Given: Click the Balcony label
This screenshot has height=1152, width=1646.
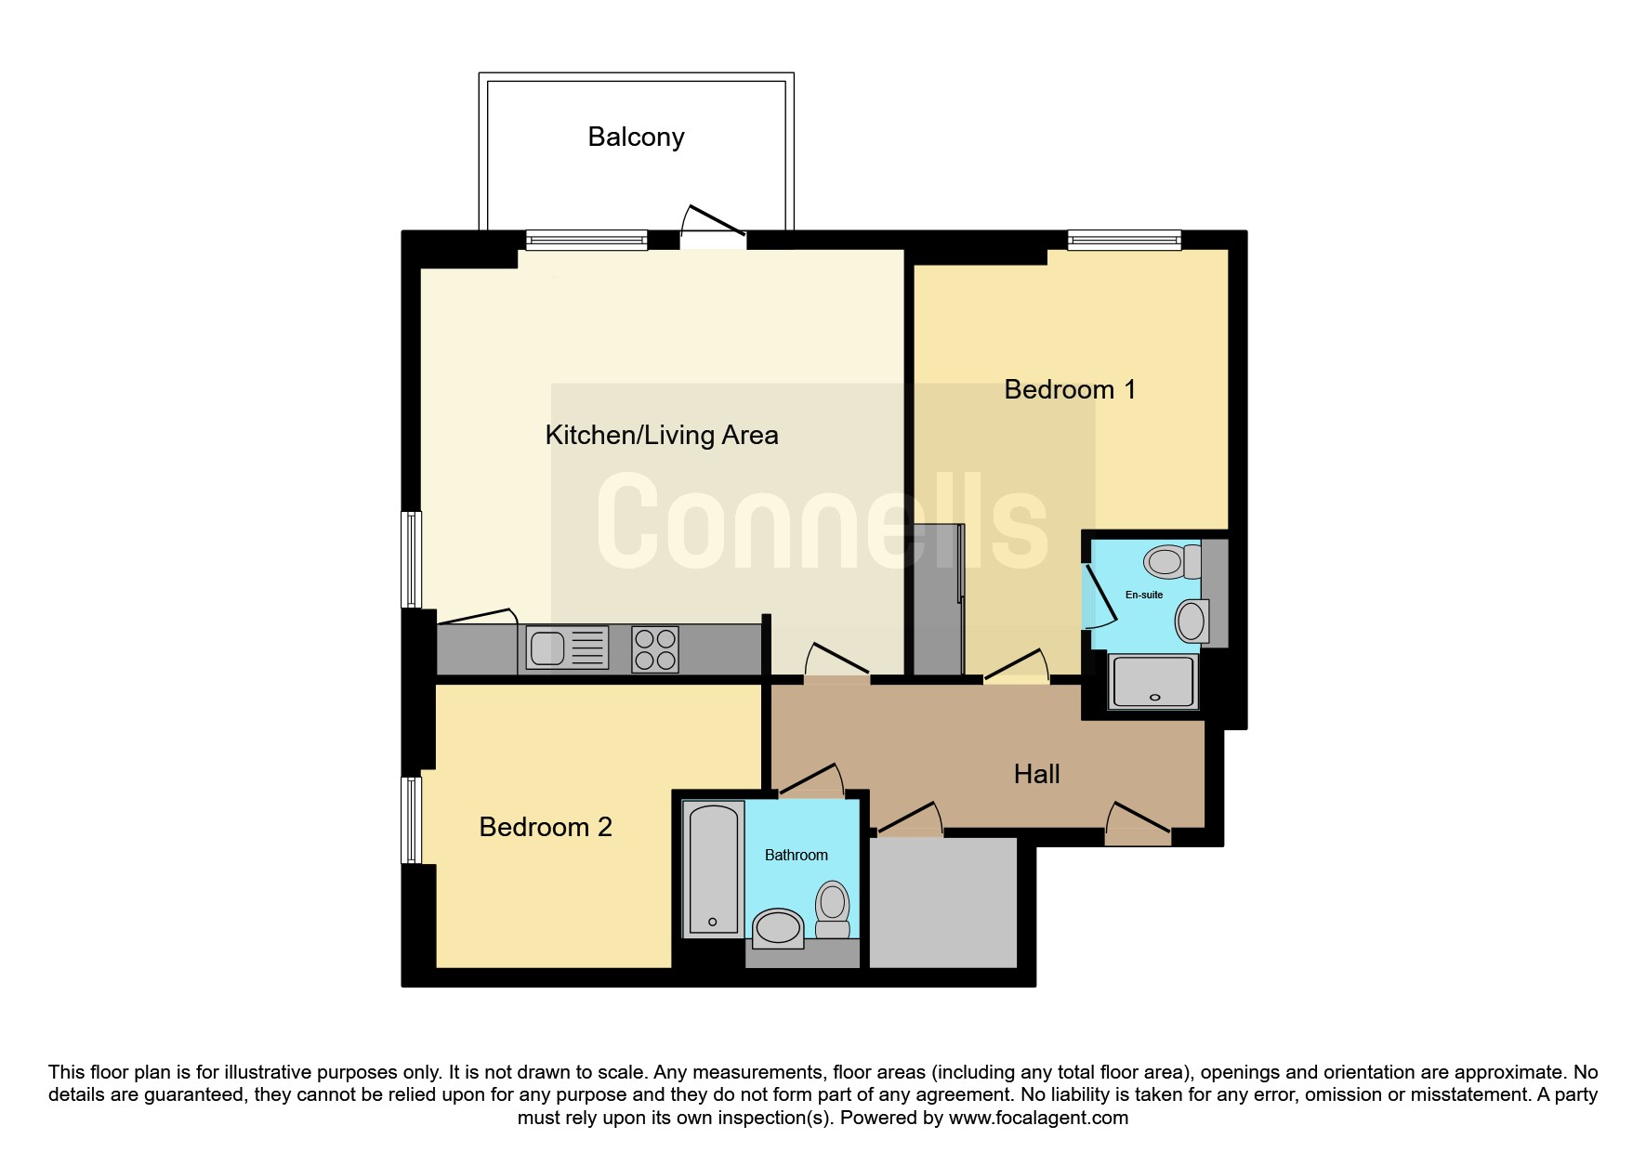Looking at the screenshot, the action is click(x=636, y=137).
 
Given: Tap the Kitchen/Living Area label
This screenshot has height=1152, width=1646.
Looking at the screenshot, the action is click(x=661, y=435).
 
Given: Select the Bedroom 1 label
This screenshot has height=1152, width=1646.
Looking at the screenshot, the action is click(x=1070, y=389).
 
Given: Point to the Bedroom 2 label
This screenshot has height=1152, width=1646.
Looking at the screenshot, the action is click(x=546, y=827).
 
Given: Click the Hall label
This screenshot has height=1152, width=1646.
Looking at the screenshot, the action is click(x=1036, y=774).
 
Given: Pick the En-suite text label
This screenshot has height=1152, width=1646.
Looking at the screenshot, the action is click(x=1144, y=595).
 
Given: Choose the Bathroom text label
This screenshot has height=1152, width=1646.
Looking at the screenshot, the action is click(x=796, y=855).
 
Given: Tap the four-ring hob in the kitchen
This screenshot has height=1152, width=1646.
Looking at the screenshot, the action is click(x=654, y=648).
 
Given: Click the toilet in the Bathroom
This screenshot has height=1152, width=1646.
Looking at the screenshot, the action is click(x=833, y=910).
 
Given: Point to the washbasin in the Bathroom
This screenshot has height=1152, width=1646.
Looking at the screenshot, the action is click(x=778, y=928).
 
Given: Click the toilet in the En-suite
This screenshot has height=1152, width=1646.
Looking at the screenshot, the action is click(x=1173, y=561).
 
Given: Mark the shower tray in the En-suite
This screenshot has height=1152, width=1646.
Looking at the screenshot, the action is click(x=1153, y=682).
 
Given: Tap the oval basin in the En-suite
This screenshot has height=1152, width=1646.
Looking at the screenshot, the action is click(x=1192, y=622).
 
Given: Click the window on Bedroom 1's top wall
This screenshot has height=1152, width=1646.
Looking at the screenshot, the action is click(x=1124, y=240).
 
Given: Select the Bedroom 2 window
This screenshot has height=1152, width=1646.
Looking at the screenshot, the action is click(x=411, y=820).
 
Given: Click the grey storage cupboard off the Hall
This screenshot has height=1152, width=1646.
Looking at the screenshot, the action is click(x=943, y=902).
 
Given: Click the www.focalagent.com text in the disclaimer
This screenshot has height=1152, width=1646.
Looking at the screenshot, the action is click(x=1038, y=1118).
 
